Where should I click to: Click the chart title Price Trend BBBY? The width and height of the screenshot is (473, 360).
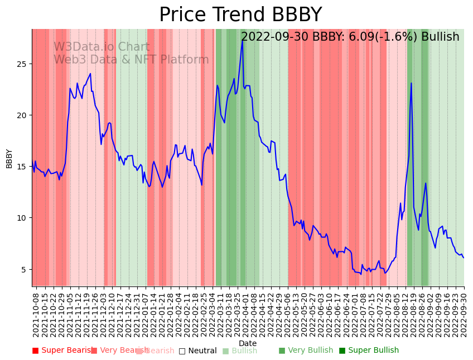pos(240,15)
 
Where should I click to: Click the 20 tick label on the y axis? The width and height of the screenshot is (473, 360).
pos(22,115)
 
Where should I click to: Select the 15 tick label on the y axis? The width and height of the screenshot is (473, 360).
pos(22,167)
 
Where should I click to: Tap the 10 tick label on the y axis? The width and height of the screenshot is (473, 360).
pos(22,218)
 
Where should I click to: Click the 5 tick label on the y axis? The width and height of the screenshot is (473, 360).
pos(24,269)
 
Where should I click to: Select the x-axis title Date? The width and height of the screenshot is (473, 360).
pos(248,343)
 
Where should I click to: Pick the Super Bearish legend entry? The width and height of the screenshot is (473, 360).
pos(63,351)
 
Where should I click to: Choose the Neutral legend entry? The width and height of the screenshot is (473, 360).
pos(198,351)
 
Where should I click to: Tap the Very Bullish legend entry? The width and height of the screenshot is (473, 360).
pos(306,351)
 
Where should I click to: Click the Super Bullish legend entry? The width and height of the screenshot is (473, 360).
pos(369,351)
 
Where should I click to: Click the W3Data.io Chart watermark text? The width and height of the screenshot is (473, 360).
pos(102,47)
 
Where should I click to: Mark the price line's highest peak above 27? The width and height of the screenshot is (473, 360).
pos(243,40)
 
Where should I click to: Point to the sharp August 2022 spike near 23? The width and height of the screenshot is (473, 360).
pos(411,84)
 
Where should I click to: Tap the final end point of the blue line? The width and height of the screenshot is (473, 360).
pos(464,257)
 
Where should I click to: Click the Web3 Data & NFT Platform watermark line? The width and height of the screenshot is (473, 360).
pos(131,60)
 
